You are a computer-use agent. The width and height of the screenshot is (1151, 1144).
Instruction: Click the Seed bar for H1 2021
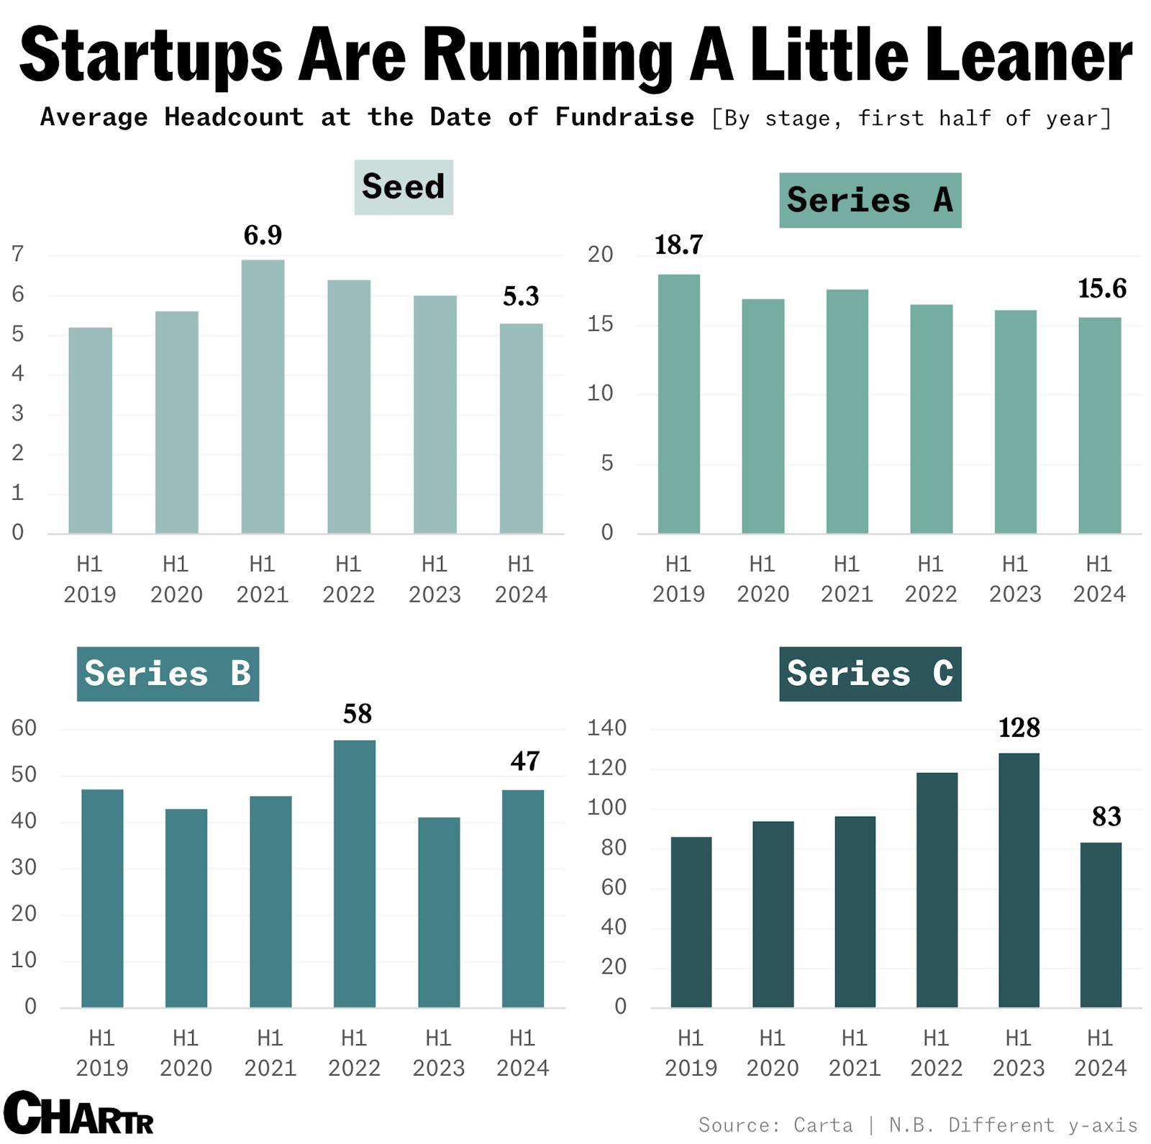(263, 396)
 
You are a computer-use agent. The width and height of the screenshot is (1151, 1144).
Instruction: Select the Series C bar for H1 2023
(1019, 880)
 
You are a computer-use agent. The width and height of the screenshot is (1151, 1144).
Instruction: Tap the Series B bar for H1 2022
(354, 874)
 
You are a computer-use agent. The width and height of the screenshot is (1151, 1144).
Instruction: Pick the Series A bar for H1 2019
(678, 403)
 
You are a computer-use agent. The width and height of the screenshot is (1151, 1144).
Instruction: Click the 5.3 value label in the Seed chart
(521, 296)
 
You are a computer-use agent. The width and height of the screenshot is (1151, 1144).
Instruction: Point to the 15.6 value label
(1101, 288)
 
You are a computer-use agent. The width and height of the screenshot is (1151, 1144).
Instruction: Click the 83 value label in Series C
(1106, 816)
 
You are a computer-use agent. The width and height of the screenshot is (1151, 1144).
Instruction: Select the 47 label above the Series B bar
(524, 761)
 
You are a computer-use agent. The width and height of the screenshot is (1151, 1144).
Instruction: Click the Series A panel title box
(870, 200)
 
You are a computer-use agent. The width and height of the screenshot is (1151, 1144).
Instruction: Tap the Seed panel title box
(404, 187)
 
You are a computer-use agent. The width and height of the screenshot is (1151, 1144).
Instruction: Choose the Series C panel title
(870, 674)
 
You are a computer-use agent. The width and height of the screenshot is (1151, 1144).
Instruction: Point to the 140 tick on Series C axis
(606, 728)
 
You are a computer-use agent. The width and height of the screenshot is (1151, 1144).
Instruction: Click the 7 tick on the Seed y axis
(18, 253)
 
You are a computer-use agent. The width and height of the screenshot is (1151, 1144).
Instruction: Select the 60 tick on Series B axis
(23, 728)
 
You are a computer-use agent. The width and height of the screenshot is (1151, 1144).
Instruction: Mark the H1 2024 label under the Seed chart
(521, 579)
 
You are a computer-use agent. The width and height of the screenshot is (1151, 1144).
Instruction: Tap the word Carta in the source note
(823, 1125)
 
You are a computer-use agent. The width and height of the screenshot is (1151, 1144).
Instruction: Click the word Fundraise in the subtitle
(624, 116)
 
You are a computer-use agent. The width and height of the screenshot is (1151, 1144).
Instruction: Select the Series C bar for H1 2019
(691, 922)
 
